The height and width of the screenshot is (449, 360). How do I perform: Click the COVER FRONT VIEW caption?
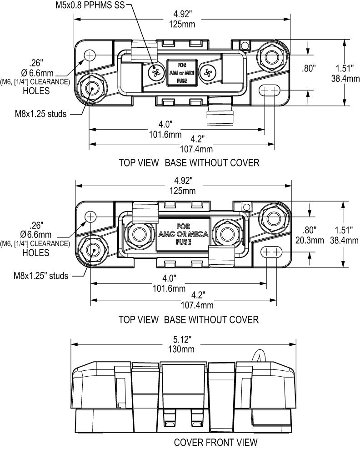click(x=216, y=442)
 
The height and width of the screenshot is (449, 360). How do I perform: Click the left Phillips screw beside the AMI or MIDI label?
click(x=157, y=71)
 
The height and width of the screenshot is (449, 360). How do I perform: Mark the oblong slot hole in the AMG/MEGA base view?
click(x=271, y=252)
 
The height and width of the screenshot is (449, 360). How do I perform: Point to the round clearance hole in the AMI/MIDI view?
click(x=90, y=55)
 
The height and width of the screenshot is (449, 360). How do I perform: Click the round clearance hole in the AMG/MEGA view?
click(x=90, y=217)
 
